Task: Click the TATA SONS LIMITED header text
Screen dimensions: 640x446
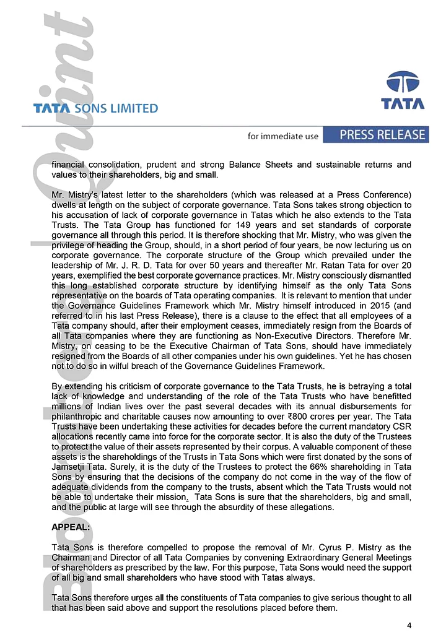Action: click(96, 108)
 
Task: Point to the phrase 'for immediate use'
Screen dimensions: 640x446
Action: click(282, 136)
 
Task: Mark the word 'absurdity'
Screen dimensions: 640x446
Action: click(295, 506)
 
